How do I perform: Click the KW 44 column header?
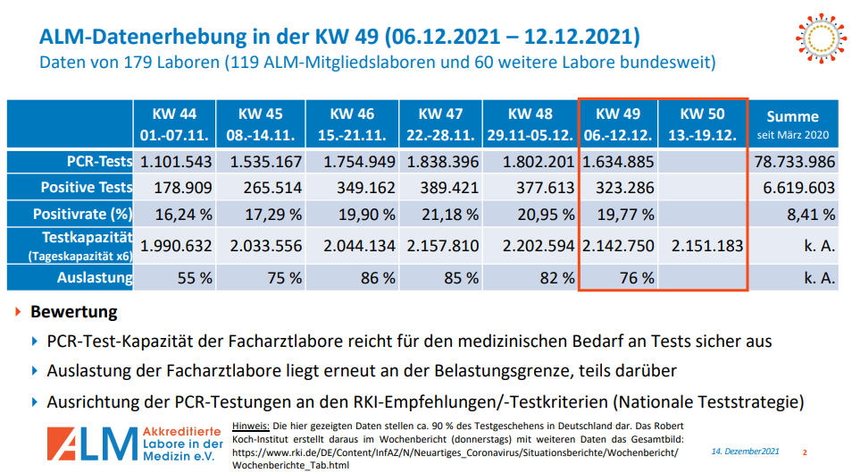[174, 124]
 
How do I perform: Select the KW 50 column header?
[702, 124]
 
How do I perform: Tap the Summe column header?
[792, 124]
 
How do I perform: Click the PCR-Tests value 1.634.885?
[618, 162]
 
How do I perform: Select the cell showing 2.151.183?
[703, 246]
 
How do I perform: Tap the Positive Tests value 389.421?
[439, 188]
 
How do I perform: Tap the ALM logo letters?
[89, 442]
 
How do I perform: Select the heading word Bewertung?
[74, 313]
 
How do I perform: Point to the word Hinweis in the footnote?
[250, 425]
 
